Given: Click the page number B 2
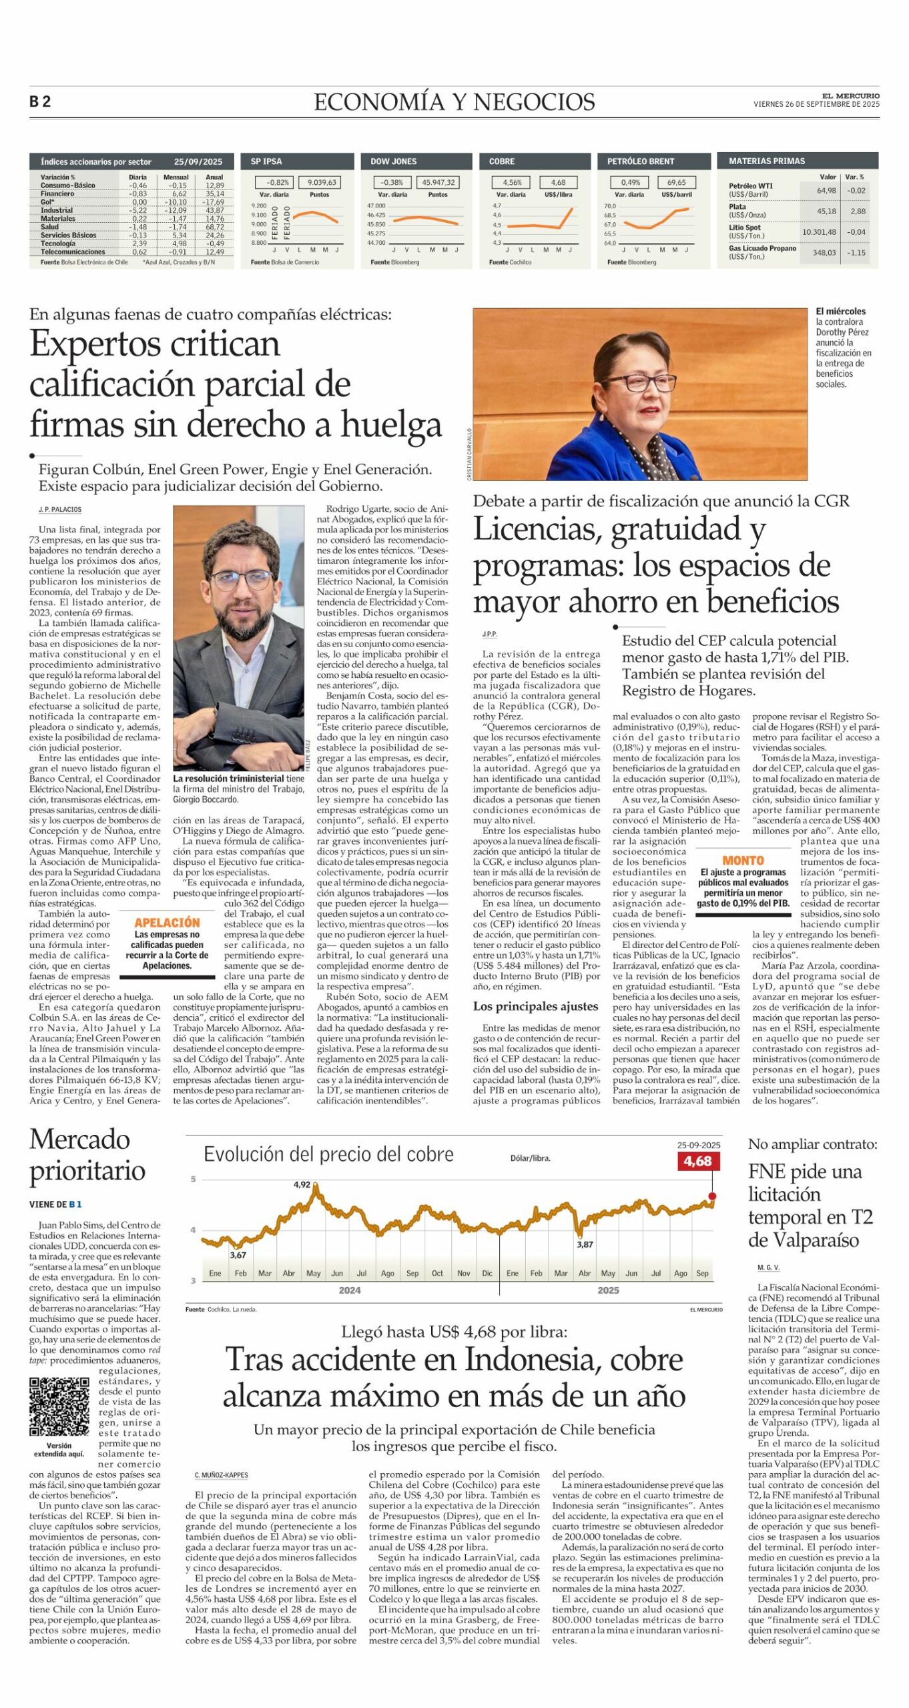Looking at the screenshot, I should [40, 101].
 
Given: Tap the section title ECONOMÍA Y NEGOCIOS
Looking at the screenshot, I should [454, 102].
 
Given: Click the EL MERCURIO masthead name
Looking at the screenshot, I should [850, 96].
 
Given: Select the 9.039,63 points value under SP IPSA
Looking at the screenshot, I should [322, 182].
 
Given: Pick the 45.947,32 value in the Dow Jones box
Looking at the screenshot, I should [438, 182].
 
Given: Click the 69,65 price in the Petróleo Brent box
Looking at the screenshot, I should [676, 182].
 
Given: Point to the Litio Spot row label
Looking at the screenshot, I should [744, 228].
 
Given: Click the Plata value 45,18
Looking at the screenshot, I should [826, 211].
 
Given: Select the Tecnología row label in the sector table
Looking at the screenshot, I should [58, 244].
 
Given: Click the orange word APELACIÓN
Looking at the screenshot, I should [167, 923].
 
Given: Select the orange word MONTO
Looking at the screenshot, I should [743, 861].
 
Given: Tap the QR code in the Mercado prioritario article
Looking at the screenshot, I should [59, 1407].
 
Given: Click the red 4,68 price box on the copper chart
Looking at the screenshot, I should [697, 1162].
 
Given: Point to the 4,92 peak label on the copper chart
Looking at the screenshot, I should [302, 1185].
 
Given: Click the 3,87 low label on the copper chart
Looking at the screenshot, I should [585, 1244].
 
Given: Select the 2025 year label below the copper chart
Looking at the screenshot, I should [608, 1290].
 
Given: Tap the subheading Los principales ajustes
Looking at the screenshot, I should [535, 1006].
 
